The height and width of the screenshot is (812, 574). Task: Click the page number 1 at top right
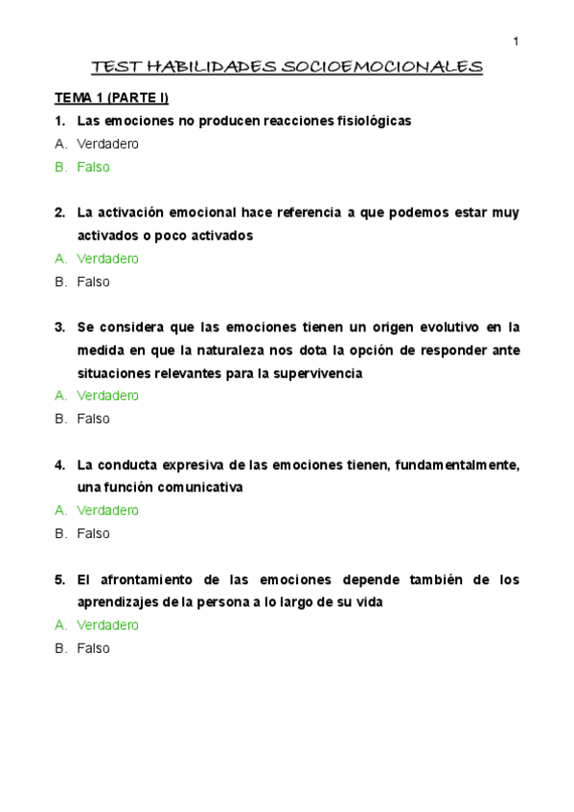516,41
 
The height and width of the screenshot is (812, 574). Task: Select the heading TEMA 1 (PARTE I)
111,98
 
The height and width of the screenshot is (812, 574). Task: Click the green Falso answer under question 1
93,167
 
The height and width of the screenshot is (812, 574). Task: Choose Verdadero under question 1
107,144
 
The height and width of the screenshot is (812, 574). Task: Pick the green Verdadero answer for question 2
107,259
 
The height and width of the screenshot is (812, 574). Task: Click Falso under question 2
93,282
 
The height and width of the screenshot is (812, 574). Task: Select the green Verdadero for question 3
107,395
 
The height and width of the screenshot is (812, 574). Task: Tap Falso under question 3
93,418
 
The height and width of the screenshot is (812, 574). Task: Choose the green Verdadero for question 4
107,510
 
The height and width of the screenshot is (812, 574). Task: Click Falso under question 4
93,533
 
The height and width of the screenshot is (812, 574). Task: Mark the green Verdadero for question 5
107,625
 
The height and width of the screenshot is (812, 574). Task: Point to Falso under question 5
93,648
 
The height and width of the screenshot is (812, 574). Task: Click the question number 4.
58,464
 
